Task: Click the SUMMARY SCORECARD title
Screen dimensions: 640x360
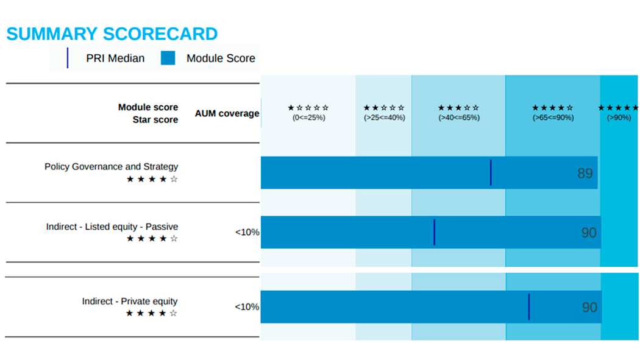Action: tap(112, 34)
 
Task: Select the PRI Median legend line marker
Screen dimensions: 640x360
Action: tap(68, 58)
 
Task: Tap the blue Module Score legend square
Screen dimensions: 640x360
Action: tap(168, 58)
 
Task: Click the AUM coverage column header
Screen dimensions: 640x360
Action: tap(227, 113)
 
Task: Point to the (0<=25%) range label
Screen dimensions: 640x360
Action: tap(308, 118)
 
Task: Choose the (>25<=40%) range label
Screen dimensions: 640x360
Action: tap(384, 118)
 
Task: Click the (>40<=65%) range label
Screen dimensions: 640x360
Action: tap(459, 118)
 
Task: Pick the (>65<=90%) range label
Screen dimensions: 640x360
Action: tap(553, 118)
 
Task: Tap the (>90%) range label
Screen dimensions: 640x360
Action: tap(619, 118)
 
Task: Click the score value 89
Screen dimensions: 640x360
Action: tap(585, 173)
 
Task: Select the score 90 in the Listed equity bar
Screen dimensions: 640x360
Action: tap(589, 233)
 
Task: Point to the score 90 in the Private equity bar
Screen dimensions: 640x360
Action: tap(590, 308)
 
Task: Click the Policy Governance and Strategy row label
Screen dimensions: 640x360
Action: tap(112, 167)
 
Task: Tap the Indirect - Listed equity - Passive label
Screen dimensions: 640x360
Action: tap(112, 227)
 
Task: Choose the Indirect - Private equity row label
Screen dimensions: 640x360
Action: tap(130, 302)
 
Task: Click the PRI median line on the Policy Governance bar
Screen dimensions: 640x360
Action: tap(491, 173)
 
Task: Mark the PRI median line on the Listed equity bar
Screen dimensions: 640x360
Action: tap(434, 233)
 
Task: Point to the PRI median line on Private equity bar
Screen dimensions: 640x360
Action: tap(529, 307)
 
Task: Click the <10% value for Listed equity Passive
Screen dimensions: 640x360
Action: tap(247, 233)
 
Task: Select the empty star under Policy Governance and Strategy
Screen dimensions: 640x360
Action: tap(174, 179)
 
